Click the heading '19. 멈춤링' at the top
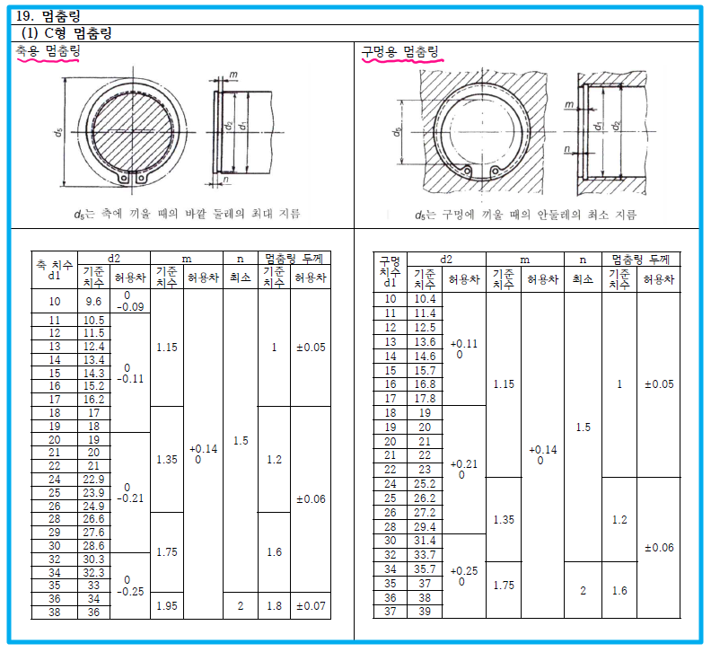[x=48, y=16]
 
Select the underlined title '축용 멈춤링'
[x=48, y=51]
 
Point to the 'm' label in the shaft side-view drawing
[x=233, y=75]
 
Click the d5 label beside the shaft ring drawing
[x=57, y=133]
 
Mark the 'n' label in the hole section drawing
[x=566, y=149]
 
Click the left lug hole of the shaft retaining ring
[x=124, y=179]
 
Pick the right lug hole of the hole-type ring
[x=496, y=171]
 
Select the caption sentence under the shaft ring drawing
[x=188, y=214]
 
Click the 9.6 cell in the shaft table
[x=93, y=301]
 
